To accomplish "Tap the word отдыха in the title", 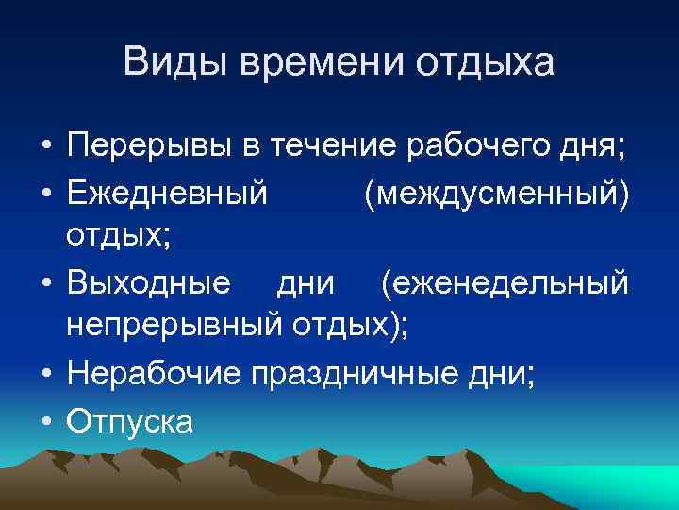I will [483, 64].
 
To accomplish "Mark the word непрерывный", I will [172, 329].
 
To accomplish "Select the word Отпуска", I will [129, 420].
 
